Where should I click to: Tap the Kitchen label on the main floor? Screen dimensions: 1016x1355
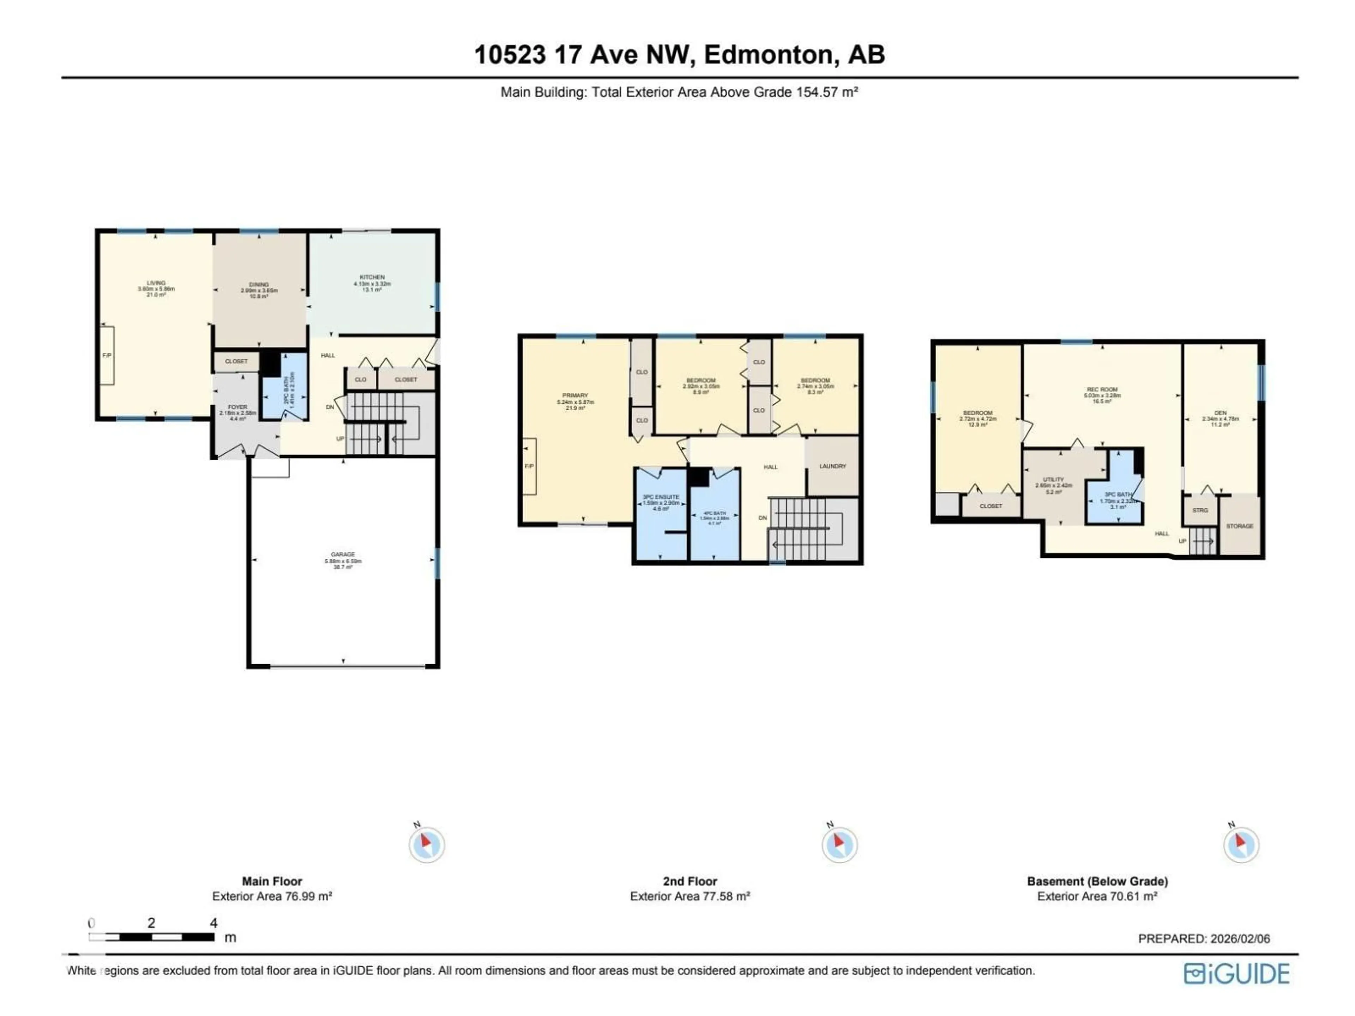[372, 277]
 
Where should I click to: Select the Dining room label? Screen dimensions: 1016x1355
[259, 285]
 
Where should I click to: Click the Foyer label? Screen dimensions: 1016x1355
[238, 407]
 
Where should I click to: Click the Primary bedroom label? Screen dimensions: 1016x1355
[574, 395]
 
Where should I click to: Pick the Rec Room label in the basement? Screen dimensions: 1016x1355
[1102, 389]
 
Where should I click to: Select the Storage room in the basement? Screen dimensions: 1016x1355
[1239, 526]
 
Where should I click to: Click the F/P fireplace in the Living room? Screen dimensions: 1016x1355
[107, 356]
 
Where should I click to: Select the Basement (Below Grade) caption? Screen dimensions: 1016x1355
[1097, 881]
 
